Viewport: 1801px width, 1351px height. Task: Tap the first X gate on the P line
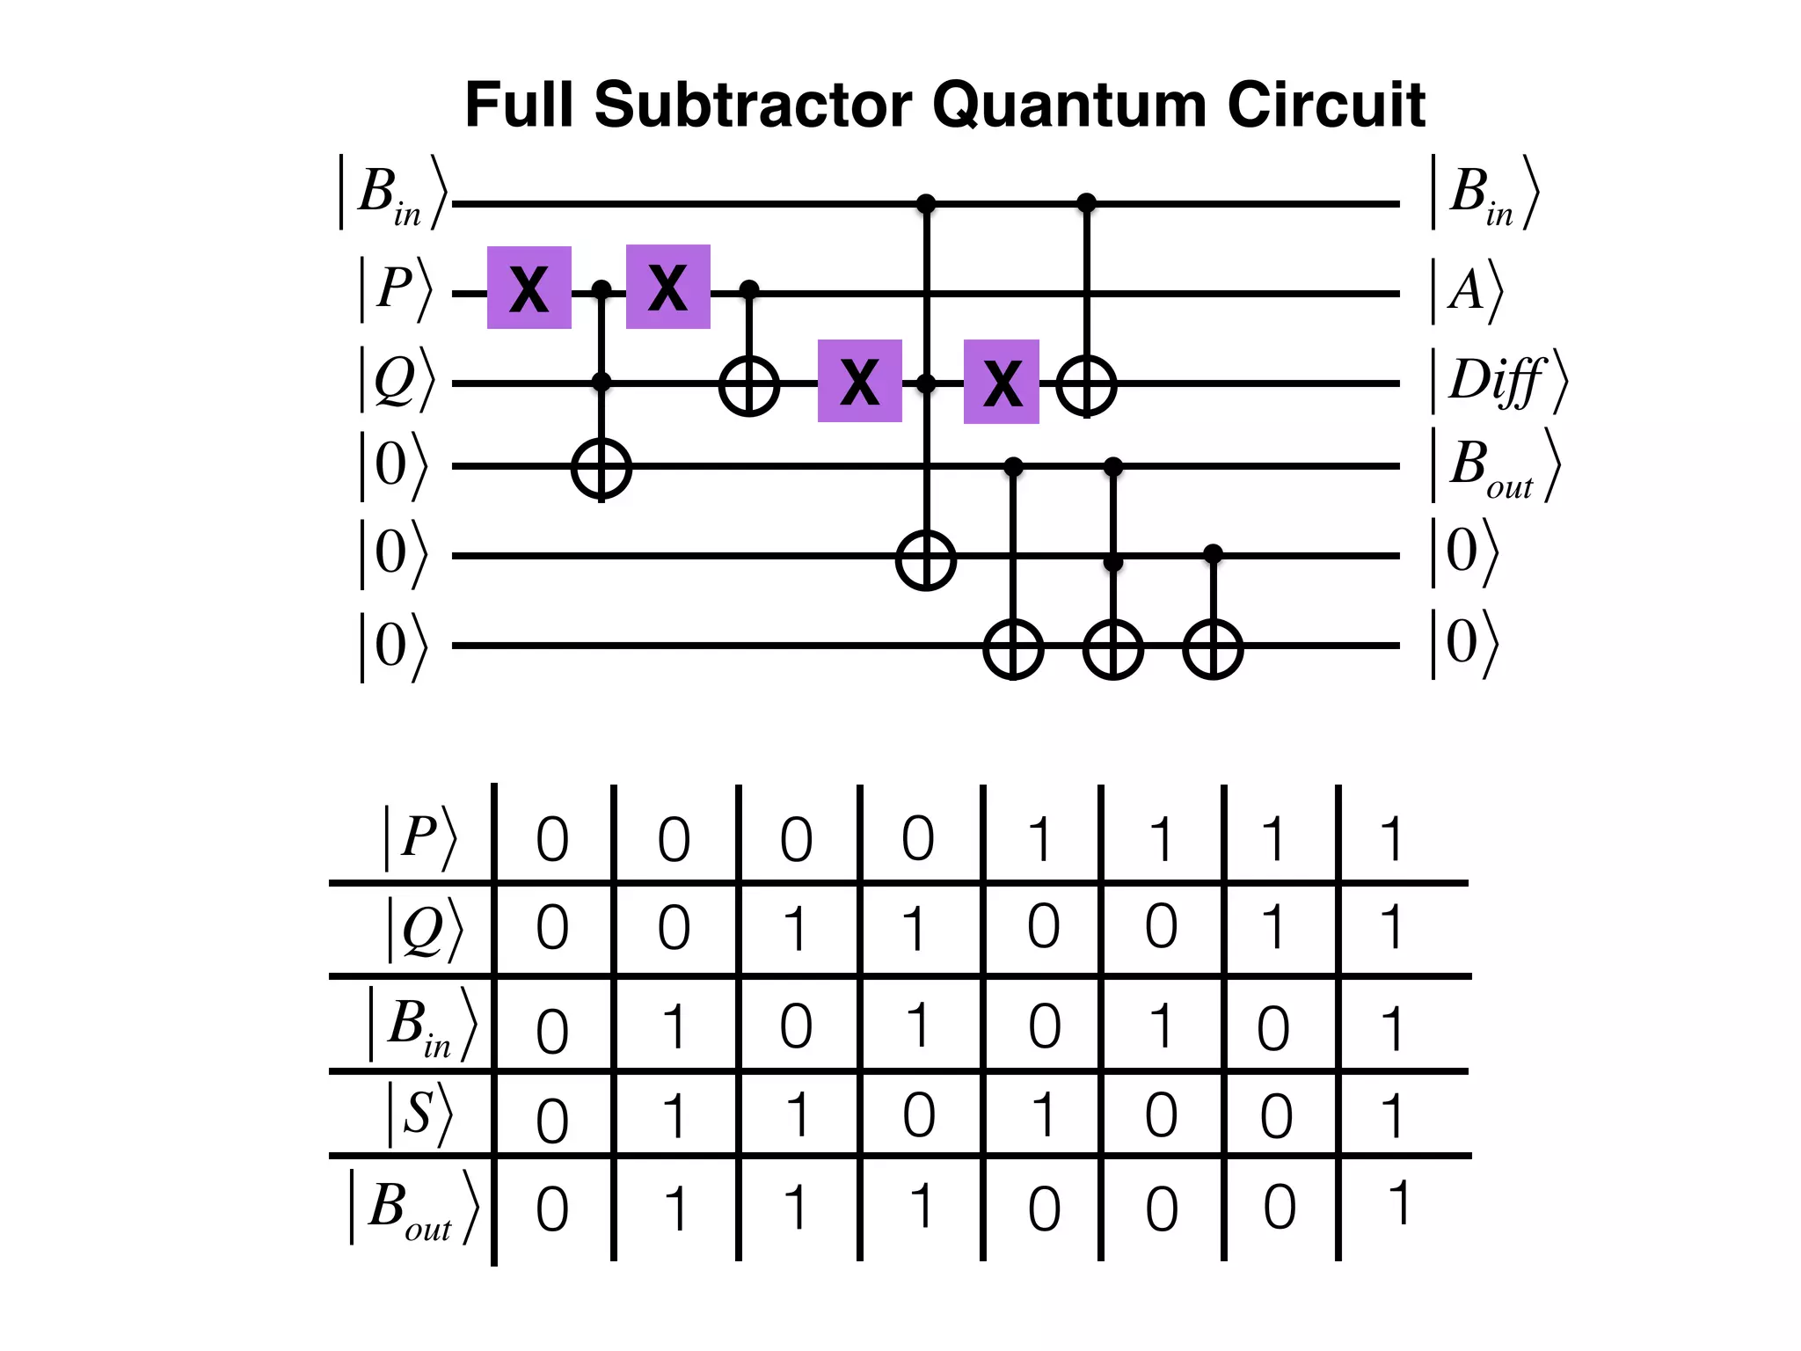(x=529, y=288)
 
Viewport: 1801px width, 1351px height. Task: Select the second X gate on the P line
(x=668, y=287)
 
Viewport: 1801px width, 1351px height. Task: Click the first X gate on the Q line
(x=860, y=381)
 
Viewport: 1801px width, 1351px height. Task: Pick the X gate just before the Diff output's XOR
(x=1002, y=382)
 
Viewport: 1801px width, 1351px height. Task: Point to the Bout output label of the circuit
(x=1495, y=466)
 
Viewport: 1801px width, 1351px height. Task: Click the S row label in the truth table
(x=419, y=1114)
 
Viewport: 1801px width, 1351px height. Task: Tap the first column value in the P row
(x=552, y=839)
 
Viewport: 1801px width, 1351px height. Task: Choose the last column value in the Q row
(x=1390, y=928)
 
